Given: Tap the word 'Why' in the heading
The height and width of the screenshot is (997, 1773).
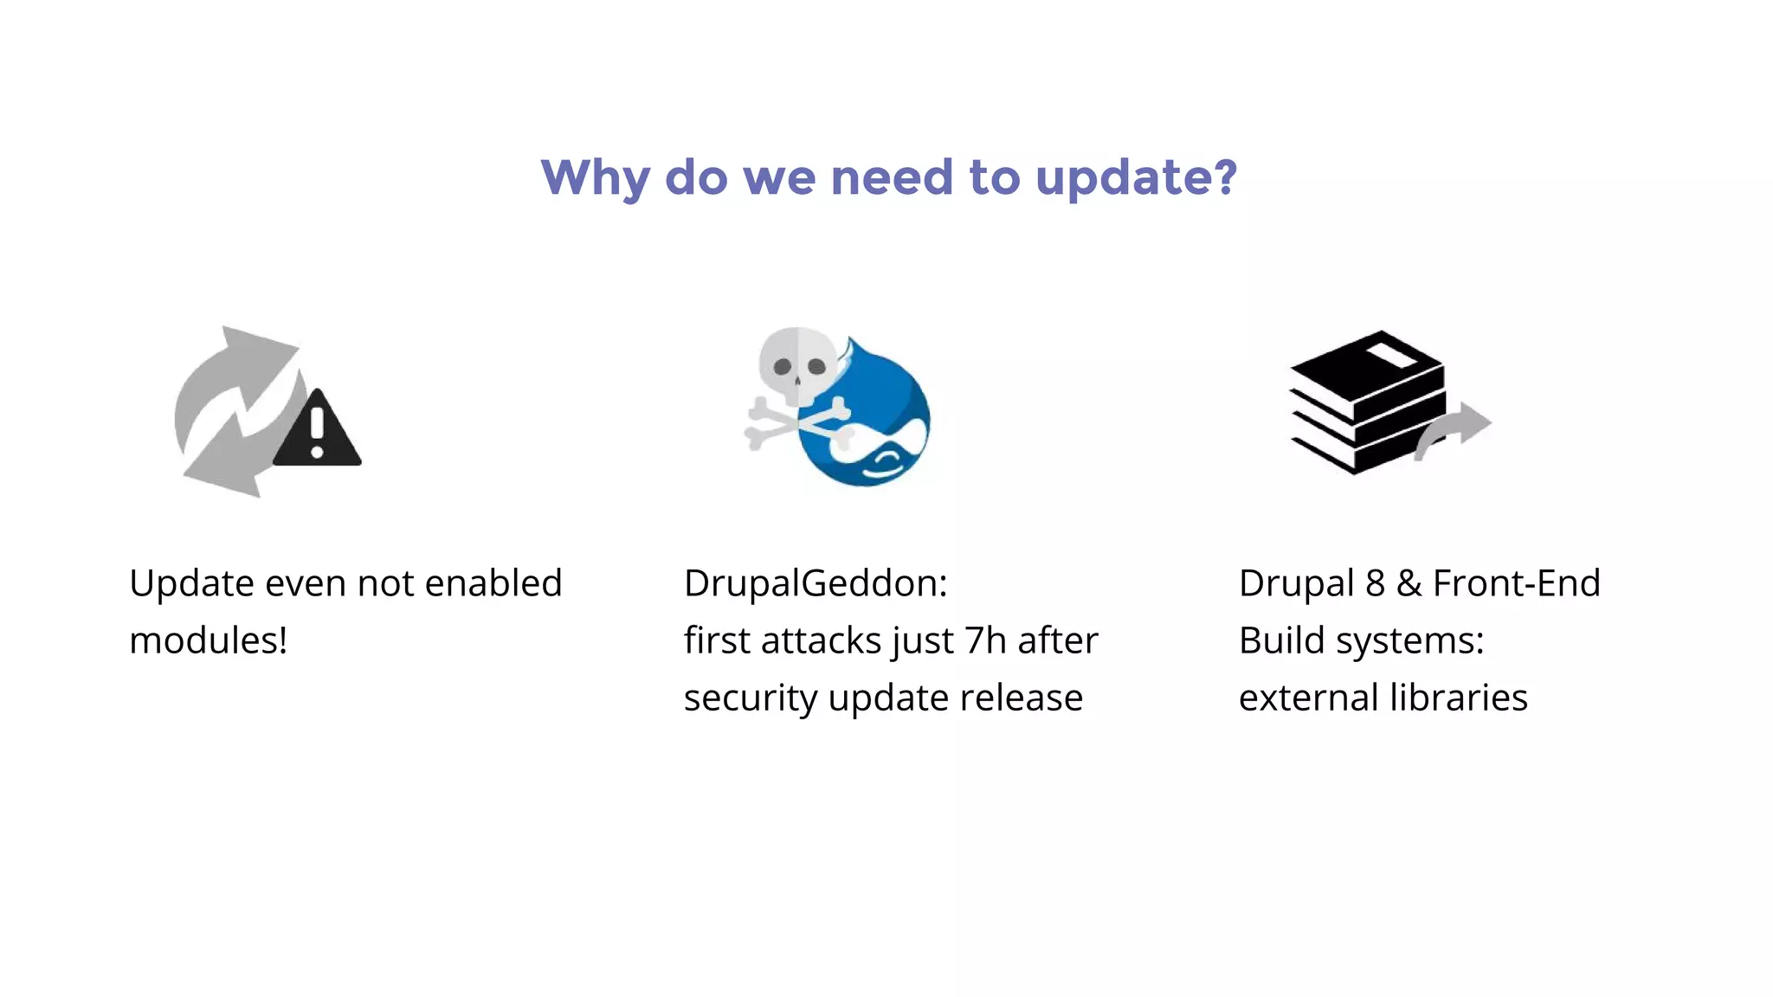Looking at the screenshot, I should click(x=595, y=178).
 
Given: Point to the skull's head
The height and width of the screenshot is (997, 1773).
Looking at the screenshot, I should click(x=798, y=363).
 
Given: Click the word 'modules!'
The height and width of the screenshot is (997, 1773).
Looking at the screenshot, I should click(x=208, y=640).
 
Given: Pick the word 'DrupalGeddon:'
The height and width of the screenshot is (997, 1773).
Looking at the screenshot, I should click(x=816, y=583).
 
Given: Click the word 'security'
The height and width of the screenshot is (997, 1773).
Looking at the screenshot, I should click(x=750, y=698).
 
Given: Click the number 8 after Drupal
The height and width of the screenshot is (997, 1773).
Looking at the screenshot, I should click(x=1375, y=583).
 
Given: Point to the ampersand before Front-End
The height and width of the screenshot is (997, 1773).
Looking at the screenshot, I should click(x=1409, y=583).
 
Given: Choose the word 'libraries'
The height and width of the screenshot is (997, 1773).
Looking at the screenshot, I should click(x=1458, y=698).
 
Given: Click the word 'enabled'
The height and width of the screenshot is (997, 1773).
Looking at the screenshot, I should click(x=493, y=583).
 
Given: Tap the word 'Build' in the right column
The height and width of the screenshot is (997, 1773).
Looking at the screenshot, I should click(x=1281, y=640).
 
